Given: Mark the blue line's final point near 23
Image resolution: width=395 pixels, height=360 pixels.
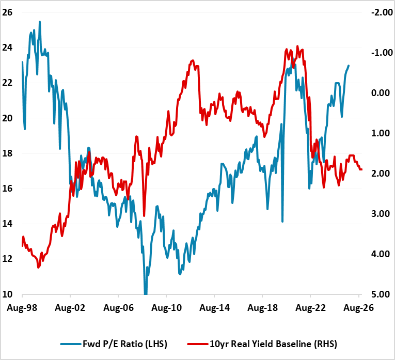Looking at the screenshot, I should [x=349, y=66].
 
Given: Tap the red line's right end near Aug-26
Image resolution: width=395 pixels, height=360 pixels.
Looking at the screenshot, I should [x=361, y=169].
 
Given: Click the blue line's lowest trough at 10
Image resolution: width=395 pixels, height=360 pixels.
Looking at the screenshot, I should [x=146, y=293].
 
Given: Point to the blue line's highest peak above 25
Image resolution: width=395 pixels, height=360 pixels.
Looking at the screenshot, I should [x=40, y=22].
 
